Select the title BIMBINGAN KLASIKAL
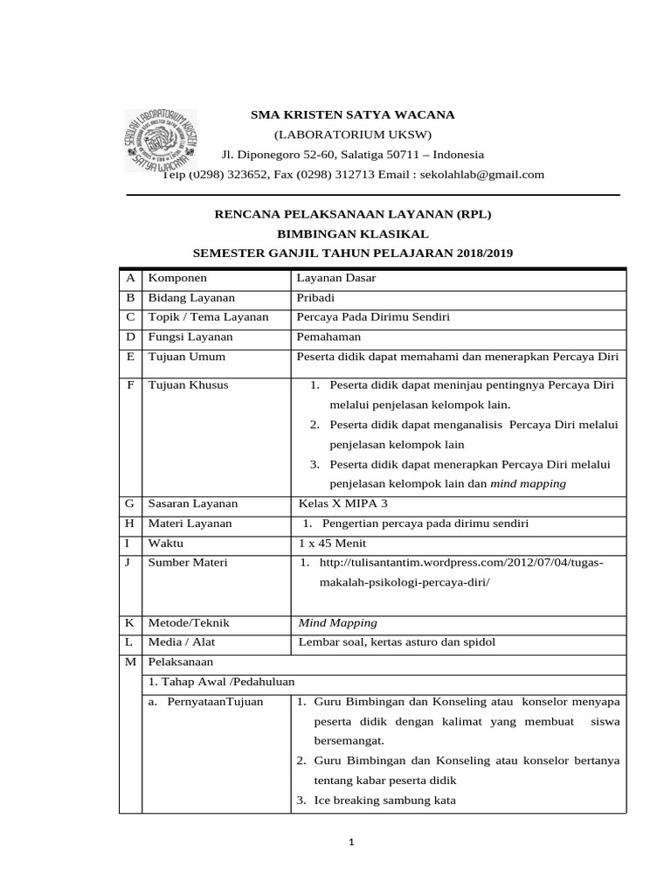point(352,233)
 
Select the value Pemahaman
point(329,336)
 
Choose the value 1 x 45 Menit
point(331,543)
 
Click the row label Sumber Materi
point(188,562)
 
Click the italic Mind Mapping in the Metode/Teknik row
point(338,623)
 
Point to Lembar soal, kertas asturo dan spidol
point(397,642)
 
